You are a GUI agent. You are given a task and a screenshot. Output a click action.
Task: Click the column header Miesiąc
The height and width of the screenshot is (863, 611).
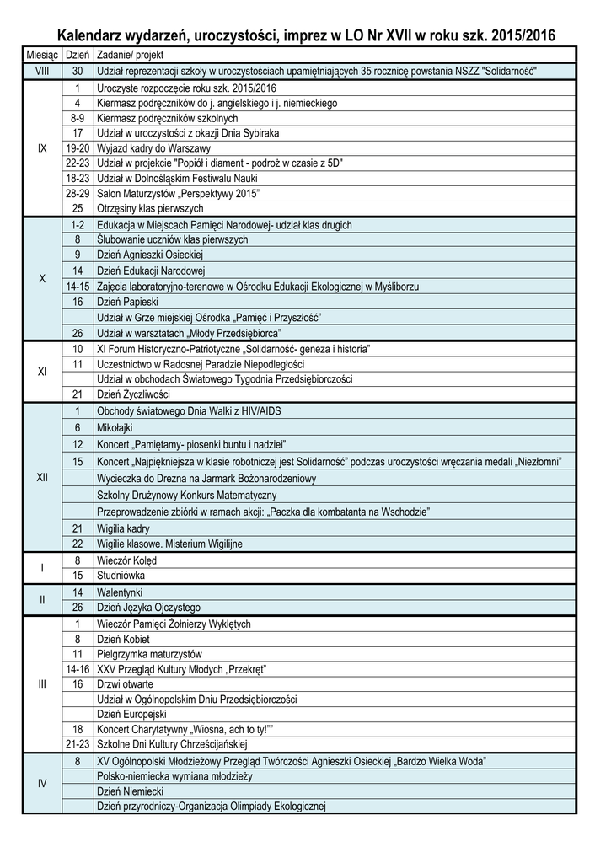pyautogui.click(x=41, y=54)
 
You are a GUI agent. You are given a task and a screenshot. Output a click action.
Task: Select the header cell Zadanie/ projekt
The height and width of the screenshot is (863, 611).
pyautogui.click(x=126, y=54)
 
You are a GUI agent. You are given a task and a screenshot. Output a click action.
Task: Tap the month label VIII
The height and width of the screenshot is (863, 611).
pyautogui.click(x=42, y=71)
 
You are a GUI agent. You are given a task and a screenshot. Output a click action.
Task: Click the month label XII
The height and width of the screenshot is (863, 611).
pyautogui.click(x=42, y=478)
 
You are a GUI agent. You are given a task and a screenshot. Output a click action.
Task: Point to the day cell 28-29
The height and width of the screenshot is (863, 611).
pyautogui.click(x=78, y=193)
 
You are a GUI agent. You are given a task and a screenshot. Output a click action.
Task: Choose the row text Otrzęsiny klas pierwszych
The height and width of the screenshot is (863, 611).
pyautogui.click(x=150, y=208)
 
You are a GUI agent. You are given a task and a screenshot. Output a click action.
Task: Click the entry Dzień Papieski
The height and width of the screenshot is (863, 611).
pyautogui.click(x=127, y=302)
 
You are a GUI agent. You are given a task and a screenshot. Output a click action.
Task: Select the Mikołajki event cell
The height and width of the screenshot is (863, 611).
pyautogui.click(x=117, y=428)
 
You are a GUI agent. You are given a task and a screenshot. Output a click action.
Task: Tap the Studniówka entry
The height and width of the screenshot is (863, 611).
pyautogui.click(x=121, y=576)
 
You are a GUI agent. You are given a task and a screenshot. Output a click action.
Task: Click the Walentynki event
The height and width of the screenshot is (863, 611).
pyautogui.click(x=120, y=592)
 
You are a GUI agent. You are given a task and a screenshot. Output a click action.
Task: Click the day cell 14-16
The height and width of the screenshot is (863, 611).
pyautogui.click(x=78, y=669)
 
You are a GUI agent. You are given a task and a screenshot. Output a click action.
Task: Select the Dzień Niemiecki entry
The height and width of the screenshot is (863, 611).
pyautogui.click(x=130, y=791)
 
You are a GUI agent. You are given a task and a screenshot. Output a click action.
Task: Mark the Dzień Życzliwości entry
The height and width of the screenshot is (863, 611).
pyautogui.click(x=133, y=394)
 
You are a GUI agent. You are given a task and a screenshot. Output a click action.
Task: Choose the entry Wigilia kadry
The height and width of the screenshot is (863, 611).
pyautogui.click(x=124, y=528)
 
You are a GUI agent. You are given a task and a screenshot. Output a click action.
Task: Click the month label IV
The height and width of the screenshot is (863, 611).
pyautogui.click(x=42, y=783)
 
